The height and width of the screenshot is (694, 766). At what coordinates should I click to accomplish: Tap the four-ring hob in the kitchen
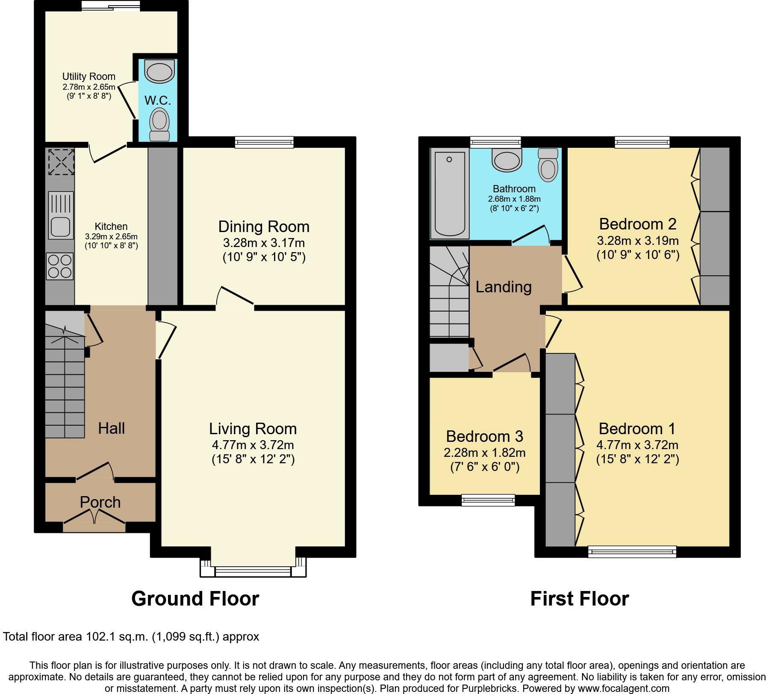(60, 266)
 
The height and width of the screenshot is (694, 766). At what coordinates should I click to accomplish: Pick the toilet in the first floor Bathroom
(548, 165)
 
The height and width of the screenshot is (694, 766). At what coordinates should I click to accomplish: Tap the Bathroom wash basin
(507, 159)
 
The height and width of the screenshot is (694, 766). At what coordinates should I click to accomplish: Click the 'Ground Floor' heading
(195, 599)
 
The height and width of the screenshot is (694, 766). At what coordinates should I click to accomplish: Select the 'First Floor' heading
(580, 599)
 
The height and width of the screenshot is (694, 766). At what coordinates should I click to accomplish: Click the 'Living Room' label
(253, 429)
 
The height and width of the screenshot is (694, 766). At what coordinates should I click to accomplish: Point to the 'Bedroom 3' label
(484, 436)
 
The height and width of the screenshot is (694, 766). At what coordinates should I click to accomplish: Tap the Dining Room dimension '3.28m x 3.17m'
(264, 243)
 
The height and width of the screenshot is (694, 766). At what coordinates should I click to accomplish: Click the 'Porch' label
(100, 502)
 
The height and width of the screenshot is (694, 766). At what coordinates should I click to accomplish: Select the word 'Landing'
(504, 287)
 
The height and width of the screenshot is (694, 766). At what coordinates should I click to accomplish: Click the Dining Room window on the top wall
(264, 142)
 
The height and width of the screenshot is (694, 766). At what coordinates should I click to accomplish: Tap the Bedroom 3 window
(488, 500)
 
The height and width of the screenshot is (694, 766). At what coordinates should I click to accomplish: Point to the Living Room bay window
(253, 567)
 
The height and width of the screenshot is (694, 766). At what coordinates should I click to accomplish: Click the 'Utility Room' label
(89, 76)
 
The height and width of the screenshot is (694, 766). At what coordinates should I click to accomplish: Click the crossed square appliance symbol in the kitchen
(61, 162)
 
